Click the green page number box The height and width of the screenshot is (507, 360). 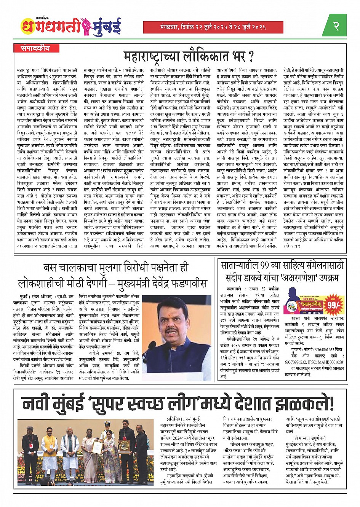coord(336,26)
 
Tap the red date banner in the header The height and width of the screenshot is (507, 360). coord(213,27)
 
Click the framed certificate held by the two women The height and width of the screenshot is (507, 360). coord(98,447)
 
